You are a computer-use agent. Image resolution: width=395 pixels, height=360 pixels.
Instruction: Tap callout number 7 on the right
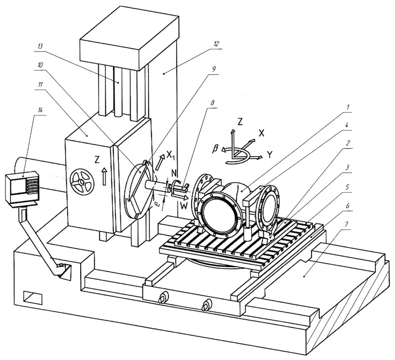(x=348, y=224)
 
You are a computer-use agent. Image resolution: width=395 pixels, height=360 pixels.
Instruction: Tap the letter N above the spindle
(x=174, y=173)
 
